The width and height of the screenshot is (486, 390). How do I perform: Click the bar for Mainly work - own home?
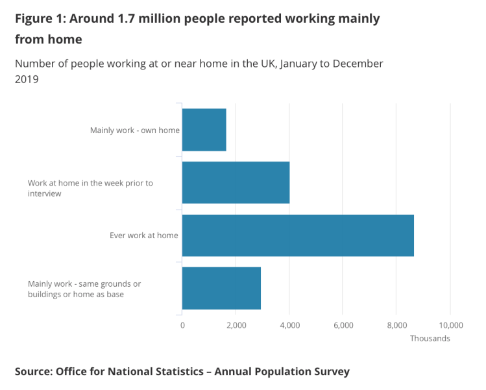click(x=204, y=130)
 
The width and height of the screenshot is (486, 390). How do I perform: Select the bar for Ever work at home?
click(x=297, y=235)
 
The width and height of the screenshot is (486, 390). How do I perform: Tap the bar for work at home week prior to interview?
click(x=236, y=182)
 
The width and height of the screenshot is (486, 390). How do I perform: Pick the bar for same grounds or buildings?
click(x=221, y=287)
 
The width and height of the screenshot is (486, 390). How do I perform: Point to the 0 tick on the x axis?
click(x=182, y=324)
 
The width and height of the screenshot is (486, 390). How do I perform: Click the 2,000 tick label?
click(x=236, y=324)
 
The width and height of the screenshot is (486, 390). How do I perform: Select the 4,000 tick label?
click(x=289, y=324)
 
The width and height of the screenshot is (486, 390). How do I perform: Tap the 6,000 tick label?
click(x=343, y=324)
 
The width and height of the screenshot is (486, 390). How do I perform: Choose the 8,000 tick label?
click(x=396, y=324)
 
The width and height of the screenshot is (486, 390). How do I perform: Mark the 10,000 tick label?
click(x=450, y=324)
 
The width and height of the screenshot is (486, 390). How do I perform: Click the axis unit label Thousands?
click(x=430, y=338)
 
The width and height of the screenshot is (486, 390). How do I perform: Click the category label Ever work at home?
click(x=143, y=236)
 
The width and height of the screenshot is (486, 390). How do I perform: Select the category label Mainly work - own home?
click(x=135, y=130)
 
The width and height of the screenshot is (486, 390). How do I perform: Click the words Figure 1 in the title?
click(x=40, y=18)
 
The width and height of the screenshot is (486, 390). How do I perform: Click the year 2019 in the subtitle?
click(x=27, y=79)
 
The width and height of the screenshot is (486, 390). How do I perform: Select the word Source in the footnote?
click(x=32, y=372)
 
